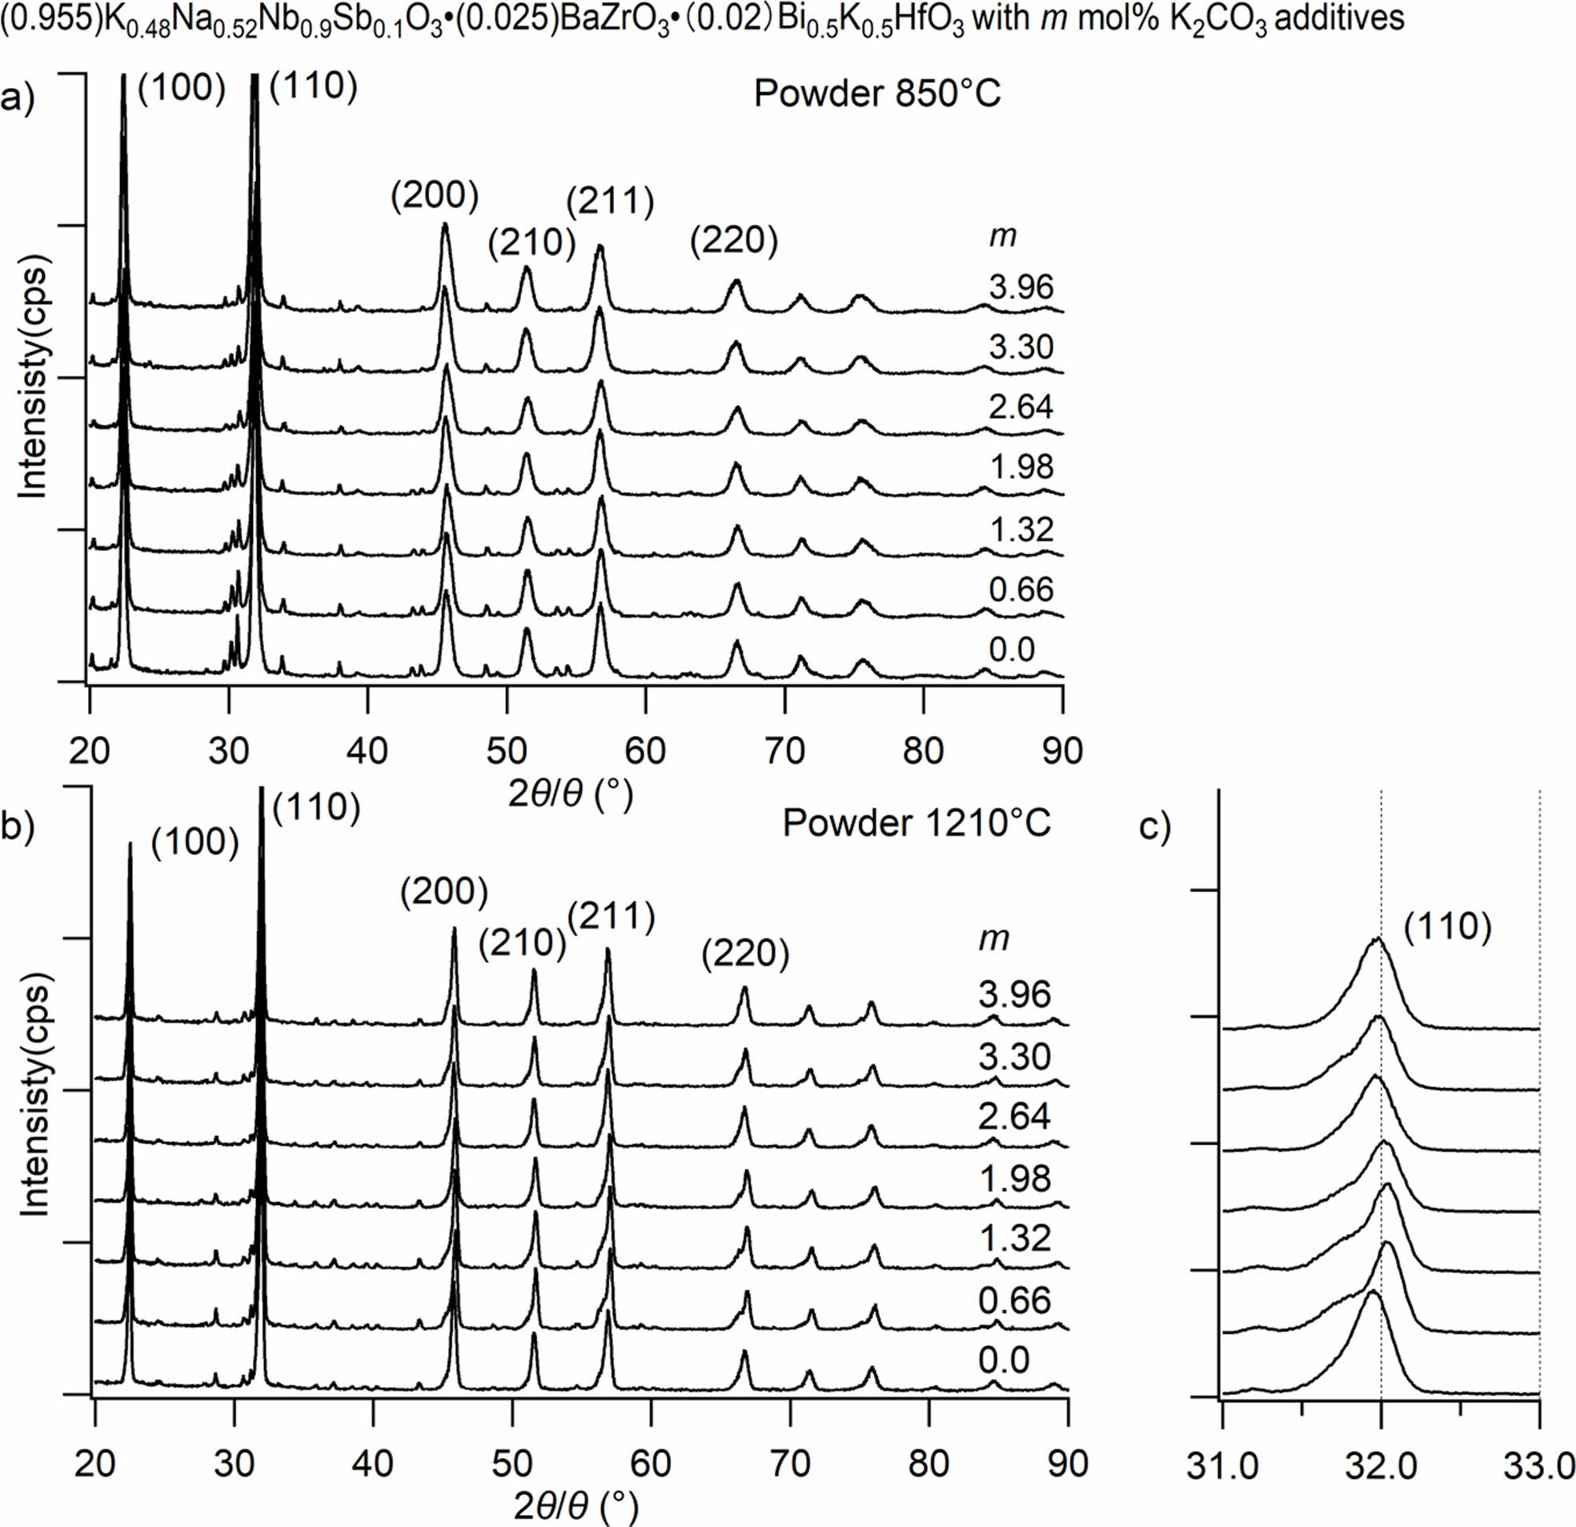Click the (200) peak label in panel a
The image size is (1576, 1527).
click(434, 195)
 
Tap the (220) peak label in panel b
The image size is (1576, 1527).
click(744, 954)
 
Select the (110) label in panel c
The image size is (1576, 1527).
click(1448, 927)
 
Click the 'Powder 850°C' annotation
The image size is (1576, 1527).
click(877, 94)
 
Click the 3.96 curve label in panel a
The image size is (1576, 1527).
click(1021, 287)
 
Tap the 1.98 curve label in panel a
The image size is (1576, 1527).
click(1021, 468)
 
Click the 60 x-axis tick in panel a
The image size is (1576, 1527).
click(646, 750)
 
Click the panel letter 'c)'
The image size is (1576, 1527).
click(1155, 828)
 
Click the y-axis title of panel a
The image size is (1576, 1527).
click(32, 378)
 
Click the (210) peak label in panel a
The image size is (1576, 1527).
click(531, 243)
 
